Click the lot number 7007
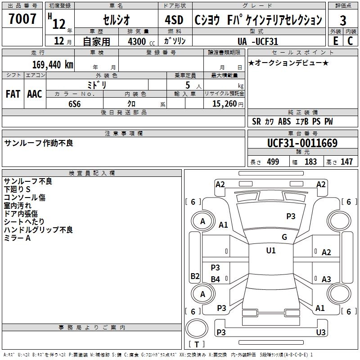coord(22,19)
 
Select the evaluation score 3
coord(343,21)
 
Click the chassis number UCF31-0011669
coord(302,144)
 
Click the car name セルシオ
coord(116,20)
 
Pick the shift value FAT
coord(13,94)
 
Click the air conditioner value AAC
coord(35,94)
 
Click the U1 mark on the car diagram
coord(270,251)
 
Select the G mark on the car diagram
coord(284,237)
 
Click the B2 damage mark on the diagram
coord(194,276)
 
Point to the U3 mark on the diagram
coord(320,332)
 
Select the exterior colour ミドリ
coord(97,84)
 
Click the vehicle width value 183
coord(310,162)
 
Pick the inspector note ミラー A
coord(17,238)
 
